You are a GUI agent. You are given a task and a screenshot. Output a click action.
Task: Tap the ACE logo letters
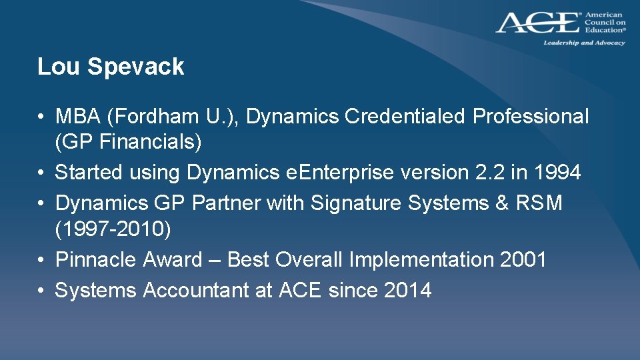coord(537,23)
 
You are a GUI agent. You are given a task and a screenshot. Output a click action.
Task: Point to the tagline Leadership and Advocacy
coord(584,43)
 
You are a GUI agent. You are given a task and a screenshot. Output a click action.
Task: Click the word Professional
coord(531,117)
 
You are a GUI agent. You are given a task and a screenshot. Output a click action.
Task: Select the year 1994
coord(557,173)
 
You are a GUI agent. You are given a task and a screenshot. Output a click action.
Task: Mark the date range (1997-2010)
coord(113,230)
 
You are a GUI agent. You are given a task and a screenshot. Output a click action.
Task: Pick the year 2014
coord(407,291)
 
